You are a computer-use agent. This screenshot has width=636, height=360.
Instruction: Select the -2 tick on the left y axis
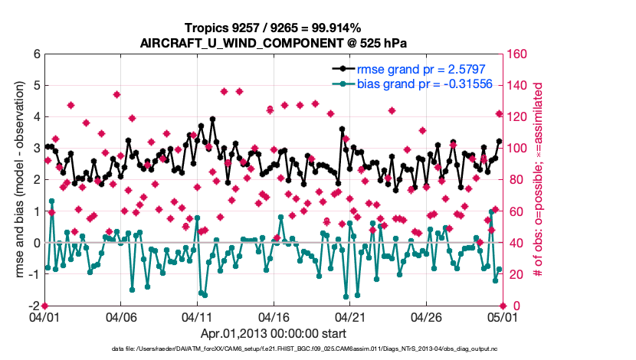34,306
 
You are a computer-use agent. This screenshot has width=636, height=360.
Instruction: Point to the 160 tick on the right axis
516,54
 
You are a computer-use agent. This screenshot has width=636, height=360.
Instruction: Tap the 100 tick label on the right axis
516,149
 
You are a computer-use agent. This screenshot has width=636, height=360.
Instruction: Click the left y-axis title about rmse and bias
18,180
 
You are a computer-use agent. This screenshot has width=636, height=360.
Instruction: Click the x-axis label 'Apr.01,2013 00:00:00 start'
274,333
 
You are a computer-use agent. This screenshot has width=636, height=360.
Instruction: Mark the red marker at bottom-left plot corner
45,306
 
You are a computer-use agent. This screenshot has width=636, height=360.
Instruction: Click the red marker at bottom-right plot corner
501,306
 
